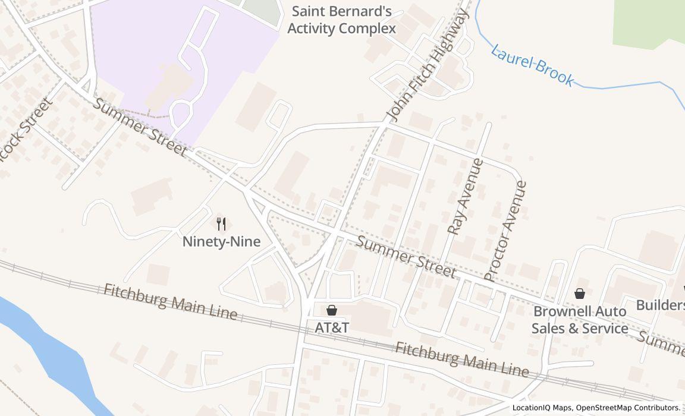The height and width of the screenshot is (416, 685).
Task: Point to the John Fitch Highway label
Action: pos(426,66)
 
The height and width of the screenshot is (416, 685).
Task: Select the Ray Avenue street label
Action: pos(465,196)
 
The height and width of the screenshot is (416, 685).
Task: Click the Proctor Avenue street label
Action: pos(505,231)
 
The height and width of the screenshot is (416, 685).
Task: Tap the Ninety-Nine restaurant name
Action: pos(221,242)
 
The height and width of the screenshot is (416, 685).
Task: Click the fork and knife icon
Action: pos(221,224)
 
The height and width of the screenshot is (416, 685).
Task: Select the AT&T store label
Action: pos(331,327)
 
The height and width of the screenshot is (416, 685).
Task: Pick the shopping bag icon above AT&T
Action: pos(332,310)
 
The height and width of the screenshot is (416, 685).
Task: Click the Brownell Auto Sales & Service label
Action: pos(579,320)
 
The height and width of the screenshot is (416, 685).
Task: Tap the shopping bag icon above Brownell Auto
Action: pos(580,294)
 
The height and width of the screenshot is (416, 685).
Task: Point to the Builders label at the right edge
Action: pos(660,305)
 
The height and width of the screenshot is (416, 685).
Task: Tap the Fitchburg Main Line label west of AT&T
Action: pos(171,301)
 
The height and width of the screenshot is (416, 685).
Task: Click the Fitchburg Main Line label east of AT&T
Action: pos(461,359)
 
